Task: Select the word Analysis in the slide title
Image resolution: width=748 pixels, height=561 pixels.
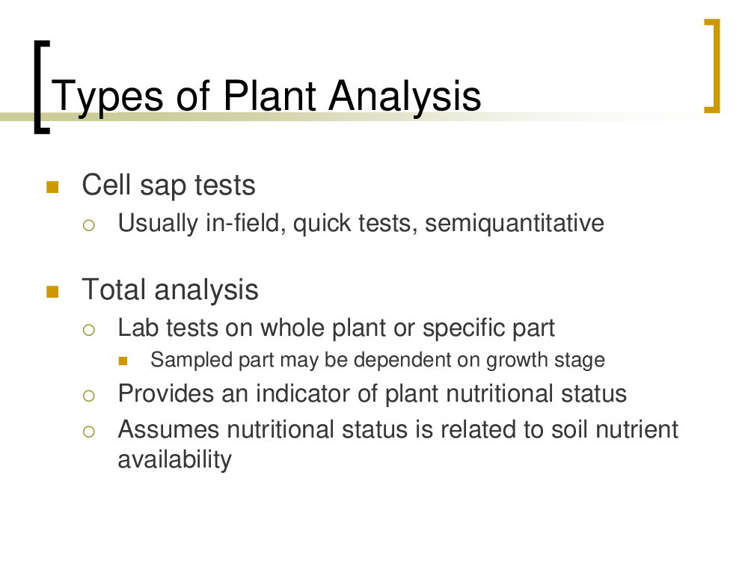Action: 405,96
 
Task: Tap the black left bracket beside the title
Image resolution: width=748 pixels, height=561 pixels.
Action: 40,88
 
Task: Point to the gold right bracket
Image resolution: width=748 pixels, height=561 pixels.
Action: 713,66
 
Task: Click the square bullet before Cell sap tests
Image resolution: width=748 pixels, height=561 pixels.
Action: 52,186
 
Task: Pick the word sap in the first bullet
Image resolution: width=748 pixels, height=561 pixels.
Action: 162,186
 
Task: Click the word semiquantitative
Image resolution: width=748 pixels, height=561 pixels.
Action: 515,224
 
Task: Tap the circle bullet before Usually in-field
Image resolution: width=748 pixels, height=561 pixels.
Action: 89,225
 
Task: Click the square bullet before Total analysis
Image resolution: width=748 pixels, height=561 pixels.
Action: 52,292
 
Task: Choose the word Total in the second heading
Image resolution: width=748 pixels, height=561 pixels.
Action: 114,289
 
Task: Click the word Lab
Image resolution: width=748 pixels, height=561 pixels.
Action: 138,328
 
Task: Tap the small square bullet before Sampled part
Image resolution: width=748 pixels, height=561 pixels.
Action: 123,361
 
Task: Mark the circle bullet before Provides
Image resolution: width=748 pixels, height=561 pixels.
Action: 89,396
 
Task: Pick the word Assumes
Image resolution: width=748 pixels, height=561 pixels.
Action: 168,429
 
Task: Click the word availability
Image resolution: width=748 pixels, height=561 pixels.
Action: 174,460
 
